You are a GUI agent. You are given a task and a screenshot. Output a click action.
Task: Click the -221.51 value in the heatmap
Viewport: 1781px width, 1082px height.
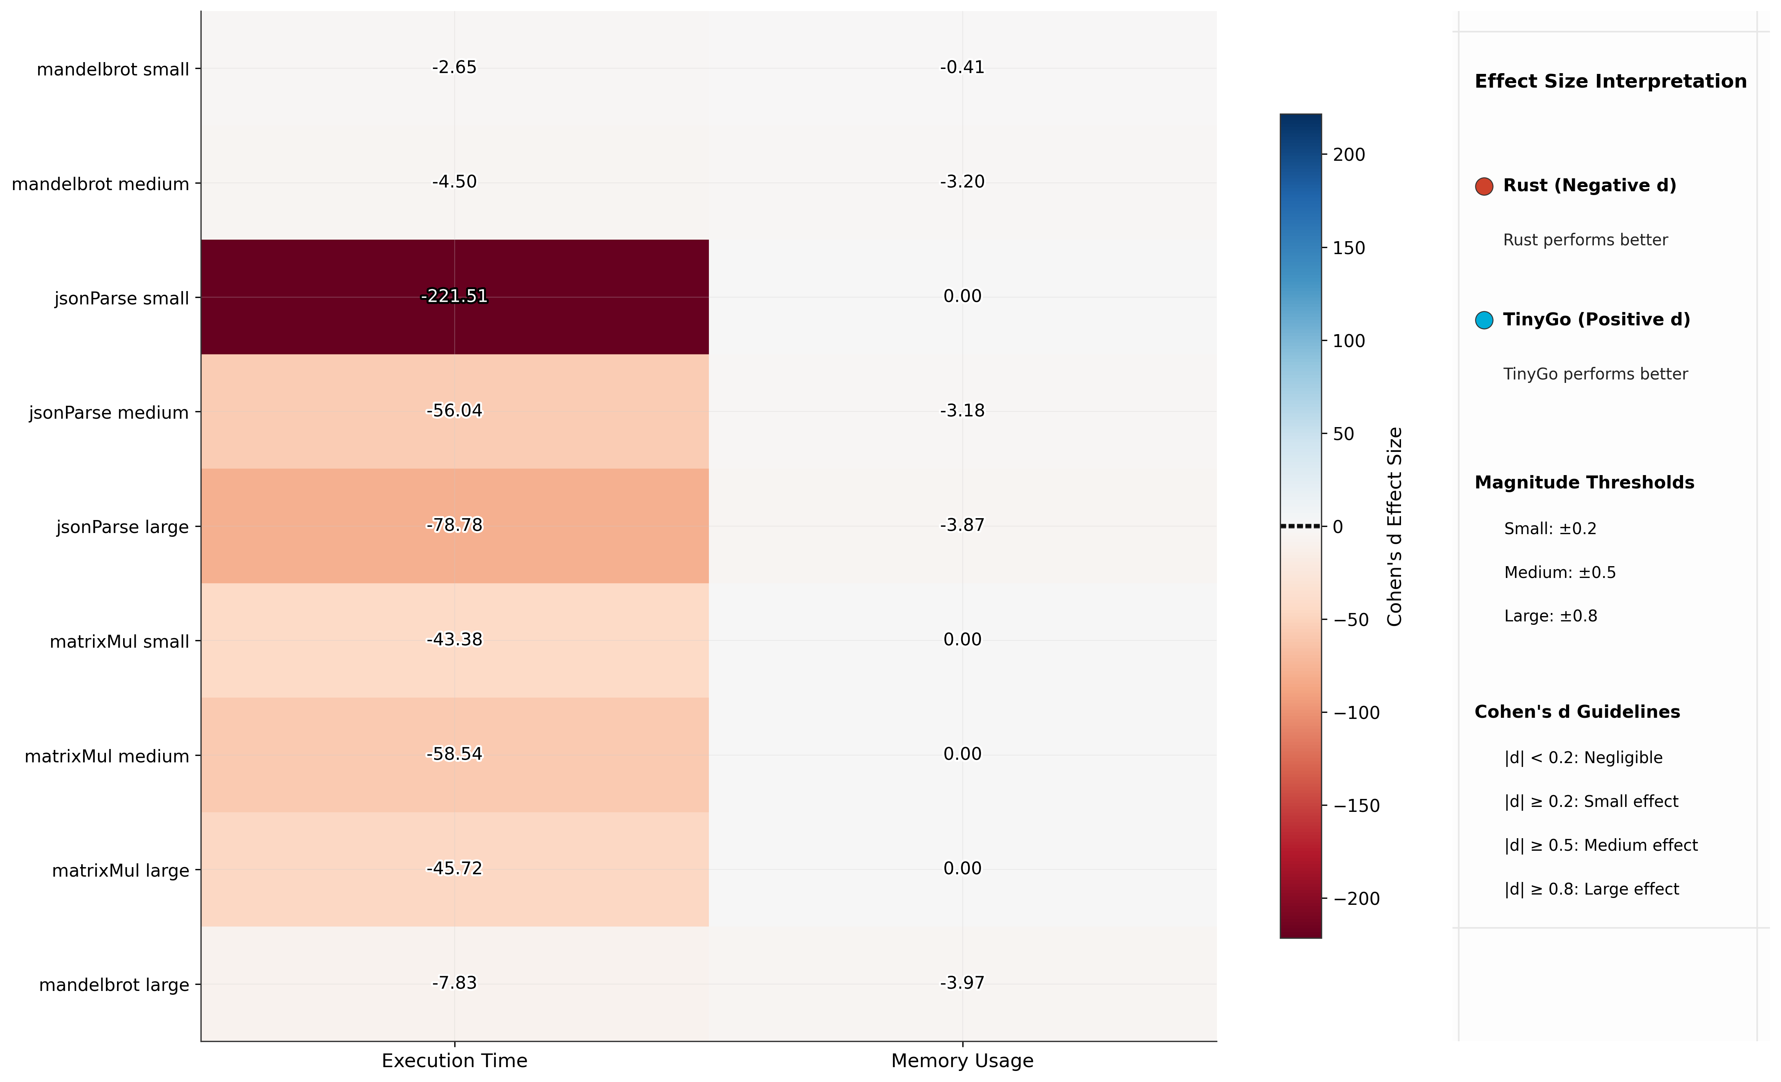click(454, 296)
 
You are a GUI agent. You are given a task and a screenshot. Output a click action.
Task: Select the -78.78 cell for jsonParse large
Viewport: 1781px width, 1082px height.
click(454, 525)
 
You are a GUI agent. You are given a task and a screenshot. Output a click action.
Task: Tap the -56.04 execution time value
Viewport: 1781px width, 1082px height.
click(454, 411)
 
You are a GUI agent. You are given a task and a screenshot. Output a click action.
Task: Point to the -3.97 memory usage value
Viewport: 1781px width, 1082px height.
click(962, 983)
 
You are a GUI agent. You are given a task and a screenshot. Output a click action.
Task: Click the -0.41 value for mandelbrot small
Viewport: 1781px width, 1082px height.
click(962, 67)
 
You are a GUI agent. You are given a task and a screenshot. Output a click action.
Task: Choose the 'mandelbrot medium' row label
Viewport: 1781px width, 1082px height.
click(101, 184)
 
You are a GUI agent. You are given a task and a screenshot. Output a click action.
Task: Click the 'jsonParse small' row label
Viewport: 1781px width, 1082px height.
click(122, 299)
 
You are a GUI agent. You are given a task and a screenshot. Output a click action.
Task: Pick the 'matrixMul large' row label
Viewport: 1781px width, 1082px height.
click(121, 871)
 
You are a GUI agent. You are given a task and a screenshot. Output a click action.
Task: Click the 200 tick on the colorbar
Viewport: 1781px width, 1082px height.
click(1349, 155)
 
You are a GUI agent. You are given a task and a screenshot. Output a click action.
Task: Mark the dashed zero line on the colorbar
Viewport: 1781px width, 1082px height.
click(1300, 526)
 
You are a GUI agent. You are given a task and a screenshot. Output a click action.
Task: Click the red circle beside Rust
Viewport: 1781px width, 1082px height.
click(1484, 186)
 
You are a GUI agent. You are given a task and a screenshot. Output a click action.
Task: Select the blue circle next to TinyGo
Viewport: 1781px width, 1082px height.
click(1484, 320)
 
